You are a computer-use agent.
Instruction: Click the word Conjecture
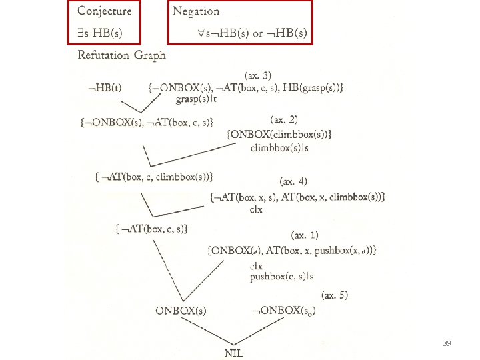click(x=105, y=11)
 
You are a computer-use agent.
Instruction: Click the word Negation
click(x=196, y=11)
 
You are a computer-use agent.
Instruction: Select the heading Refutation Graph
click(x=121, y=55)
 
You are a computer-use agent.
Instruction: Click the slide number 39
click(x=447, y=343)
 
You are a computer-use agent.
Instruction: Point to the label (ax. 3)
click(x=258, y=74)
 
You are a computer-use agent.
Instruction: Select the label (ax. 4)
click(x=293, y=181)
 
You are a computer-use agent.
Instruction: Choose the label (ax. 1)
click(x=305, y=235)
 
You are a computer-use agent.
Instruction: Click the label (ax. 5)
click(x=334, y=294)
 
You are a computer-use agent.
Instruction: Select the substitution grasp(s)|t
click(x=197, y=99)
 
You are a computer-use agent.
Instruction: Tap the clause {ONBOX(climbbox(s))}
click(x=279, y=135)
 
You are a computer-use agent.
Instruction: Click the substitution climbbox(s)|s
click(x=279, y=147)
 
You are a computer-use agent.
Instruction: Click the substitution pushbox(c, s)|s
click(x=282, y=277)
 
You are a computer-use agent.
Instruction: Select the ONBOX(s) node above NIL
click(x=181, y=310)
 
